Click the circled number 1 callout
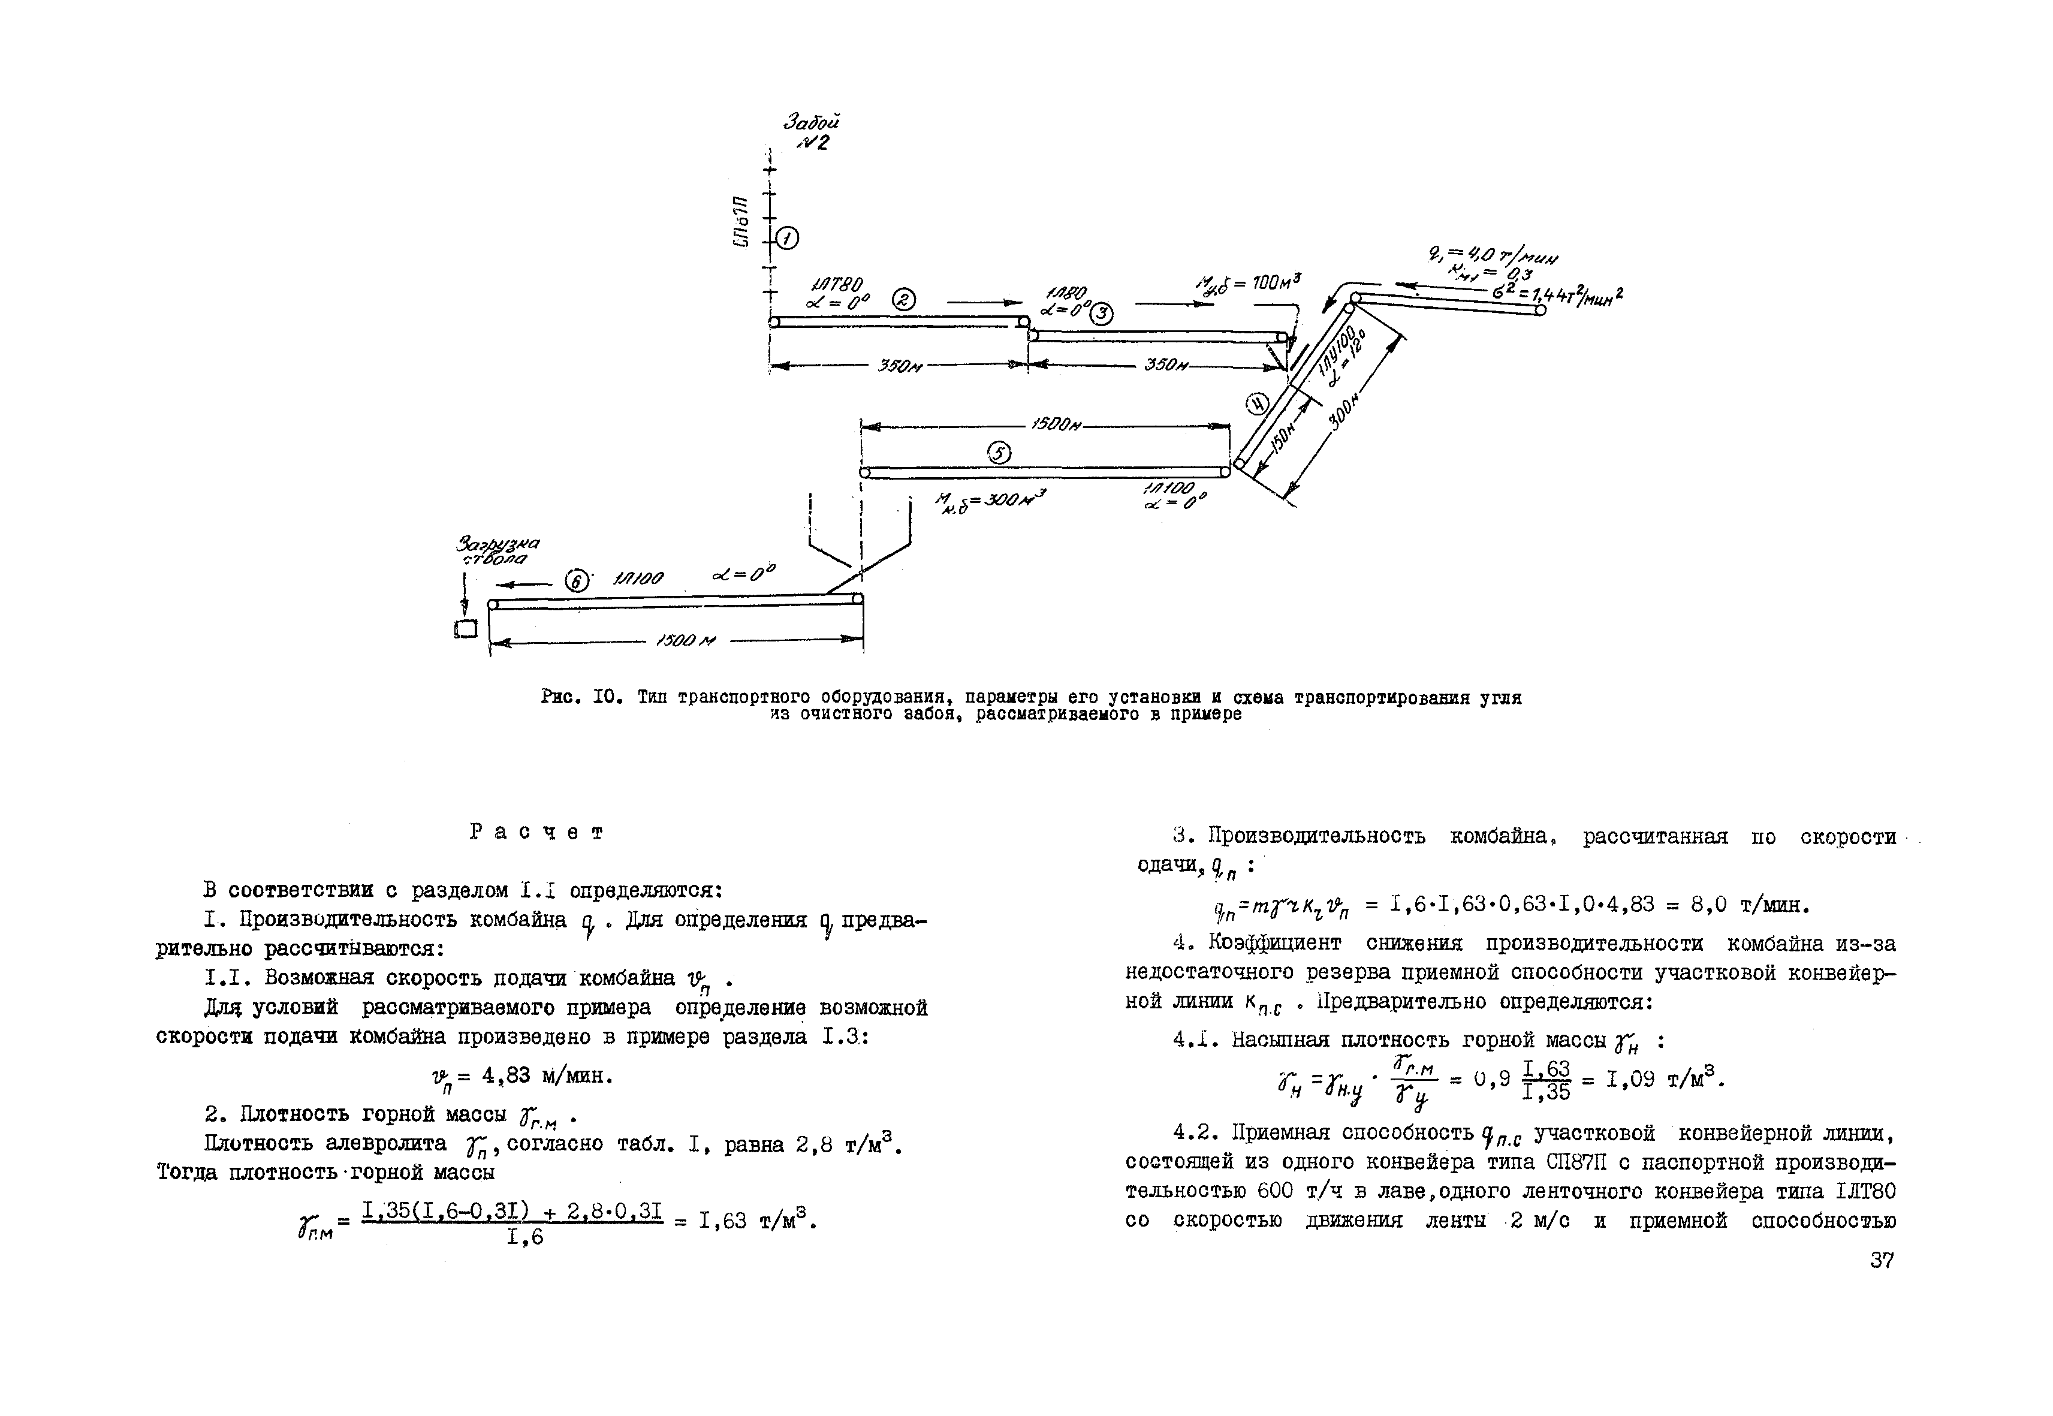point(786,239)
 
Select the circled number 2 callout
point(903,300)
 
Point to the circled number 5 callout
point(999,453)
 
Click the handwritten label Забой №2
point(810,131)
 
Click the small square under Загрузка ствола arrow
point(466,629)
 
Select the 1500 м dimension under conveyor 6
point(685,640)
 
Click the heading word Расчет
point(536,832)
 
